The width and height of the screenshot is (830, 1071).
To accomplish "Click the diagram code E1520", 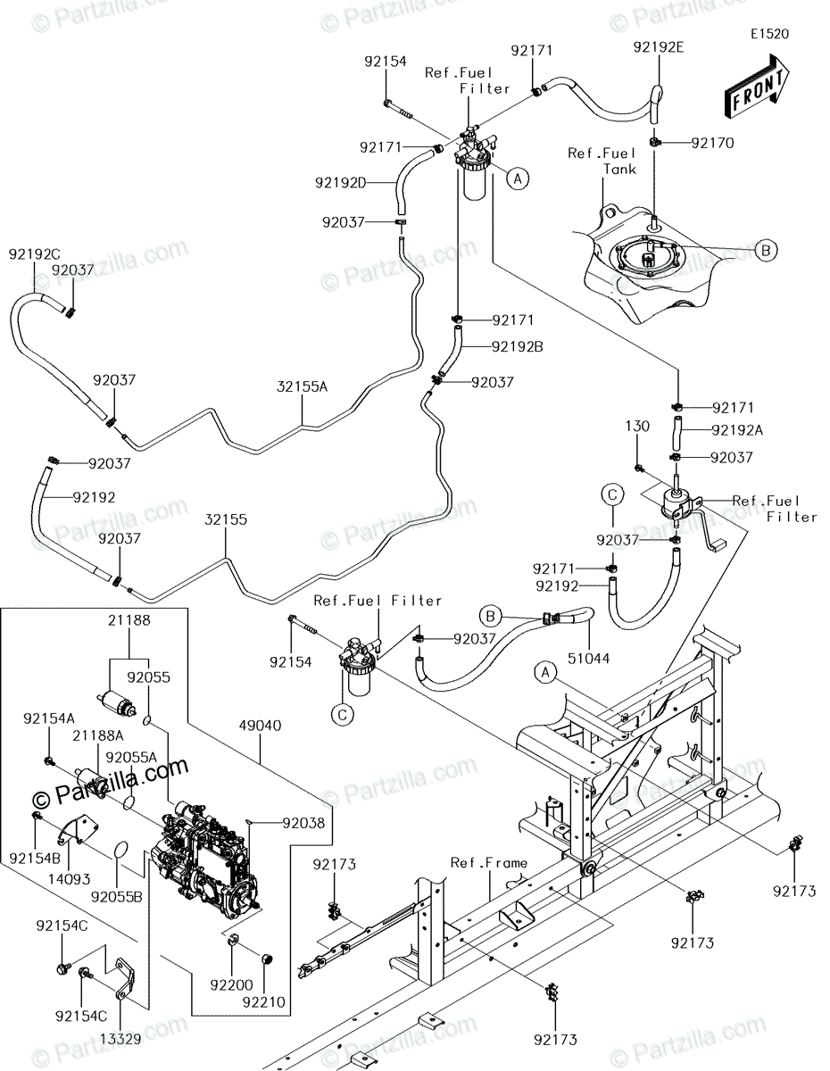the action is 769,34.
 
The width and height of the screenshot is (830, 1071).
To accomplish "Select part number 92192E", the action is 659,47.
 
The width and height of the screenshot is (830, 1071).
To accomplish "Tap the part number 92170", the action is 712,143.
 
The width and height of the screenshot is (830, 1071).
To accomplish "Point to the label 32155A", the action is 302,386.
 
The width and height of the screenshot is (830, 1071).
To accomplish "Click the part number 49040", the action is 260,726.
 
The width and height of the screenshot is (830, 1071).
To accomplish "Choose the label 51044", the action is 588,658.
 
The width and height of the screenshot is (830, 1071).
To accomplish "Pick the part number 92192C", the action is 35,254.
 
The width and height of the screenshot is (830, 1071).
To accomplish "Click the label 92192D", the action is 341,183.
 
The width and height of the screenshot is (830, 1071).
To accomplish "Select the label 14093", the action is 70,878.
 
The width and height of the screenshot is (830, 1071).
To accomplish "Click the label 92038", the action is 303,823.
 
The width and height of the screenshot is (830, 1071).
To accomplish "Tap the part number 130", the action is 638,426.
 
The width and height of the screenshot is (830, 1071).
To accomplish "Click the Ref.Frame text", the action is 488,862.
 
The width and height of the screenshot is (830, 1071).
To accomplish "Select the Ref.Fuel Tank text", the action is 602,162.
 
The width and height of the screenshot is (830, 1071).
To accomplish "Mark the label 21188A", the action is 98,735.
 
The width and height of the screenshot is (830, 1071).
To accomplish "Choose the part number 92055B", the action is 116,897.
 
